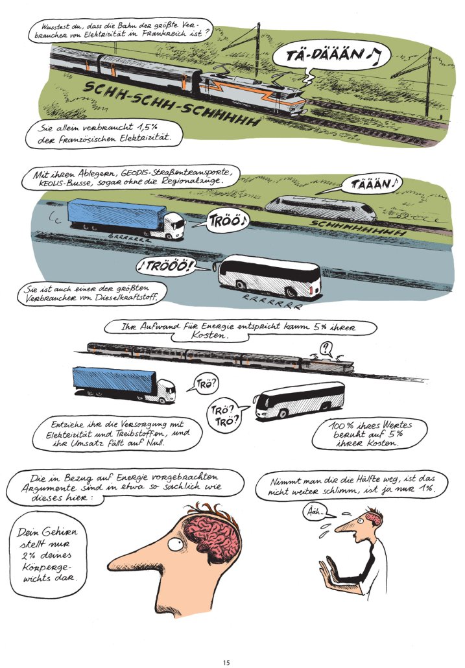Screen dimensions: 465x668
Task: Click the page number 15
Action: tap(226, 662)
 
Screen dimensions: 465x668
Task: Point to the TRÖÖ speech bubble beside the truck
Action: tap(228, 221)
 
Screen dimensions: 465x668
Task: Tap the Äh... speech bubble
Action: tap(316, 512)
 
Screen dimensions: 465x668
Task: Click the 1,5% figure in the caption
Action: tap(148, 127)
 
